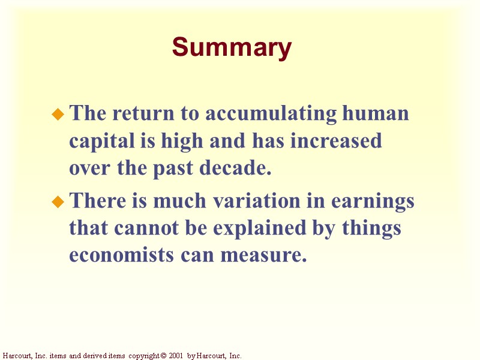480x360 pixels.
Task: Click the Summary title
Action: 232,47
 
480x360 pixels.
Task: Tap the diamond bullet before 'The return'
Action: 58,113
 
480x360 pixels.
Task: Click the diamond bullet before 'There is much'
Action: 58,202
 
